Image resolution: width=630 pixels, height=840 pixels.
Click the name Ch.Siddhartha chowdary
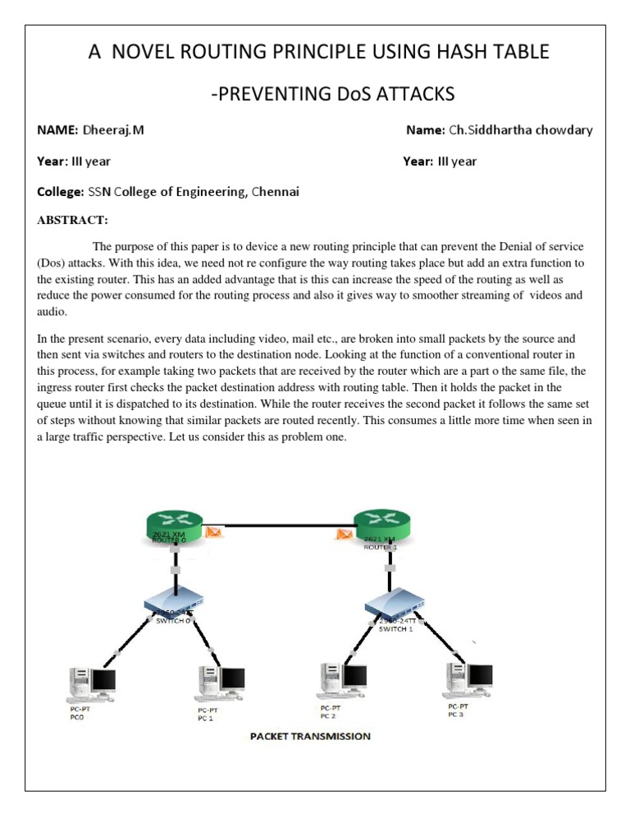click(x=520, y=130)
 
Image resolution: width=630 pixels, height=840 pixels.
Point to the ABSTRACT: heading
click(x=73, y=221)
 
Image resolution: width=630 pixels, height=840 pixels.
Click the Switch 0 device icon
click(x=173, y=602)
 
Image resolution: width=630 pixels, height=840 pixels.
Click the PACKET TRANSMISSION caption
click(x=310, y=736)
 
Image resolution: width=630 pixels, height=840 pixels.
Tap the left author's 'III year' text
click(x=91, y=162)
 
